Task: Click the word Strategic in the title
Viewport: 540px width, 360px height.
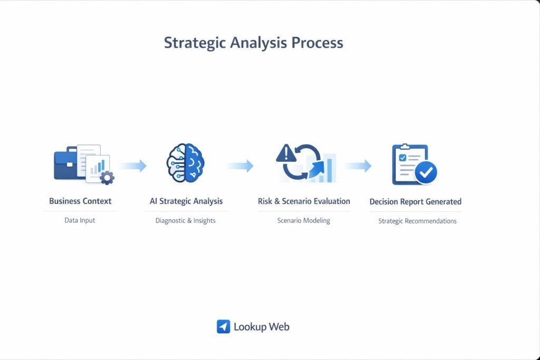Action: (x=195, y=43)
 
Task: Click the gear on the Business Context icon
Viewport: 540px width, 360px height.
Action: (x=107, y=178)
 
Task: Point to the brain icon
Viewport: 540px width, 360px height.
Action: (x=186, y=163)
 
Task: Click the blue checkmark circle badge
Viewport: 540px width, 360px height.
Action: (x=426, y=172)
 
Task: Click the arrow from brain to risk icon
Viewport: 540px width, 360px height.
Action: (x=240, y=166)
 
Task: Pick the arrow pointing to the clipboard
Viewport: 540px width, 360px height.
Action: (x=358, y=166)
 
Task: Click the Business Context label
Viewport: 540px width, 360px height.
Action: (x=80, y=201)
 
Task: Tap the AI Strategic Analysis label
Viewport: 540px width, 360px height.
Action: (x=186, y=201)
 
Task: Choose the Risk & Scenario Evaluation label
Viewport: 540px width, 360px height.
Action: (x=304, y=201)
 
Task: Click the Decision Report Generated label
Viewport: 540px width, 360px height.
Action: (x=415, y=201)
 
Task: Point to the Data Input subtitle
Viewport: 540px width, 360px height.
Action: (x=80, y=220)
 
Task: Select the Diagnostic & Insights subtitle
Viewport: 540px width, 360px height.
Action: (x=186, y=220)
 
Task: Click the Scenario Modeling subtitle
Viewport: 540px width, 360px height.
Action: (x=304, y=220)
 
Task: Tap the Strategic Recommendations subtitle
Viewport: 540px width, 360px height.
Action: (x=417, y=221)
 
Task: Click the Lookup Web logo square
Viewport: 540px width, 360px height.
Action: (x=224, y=327)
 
